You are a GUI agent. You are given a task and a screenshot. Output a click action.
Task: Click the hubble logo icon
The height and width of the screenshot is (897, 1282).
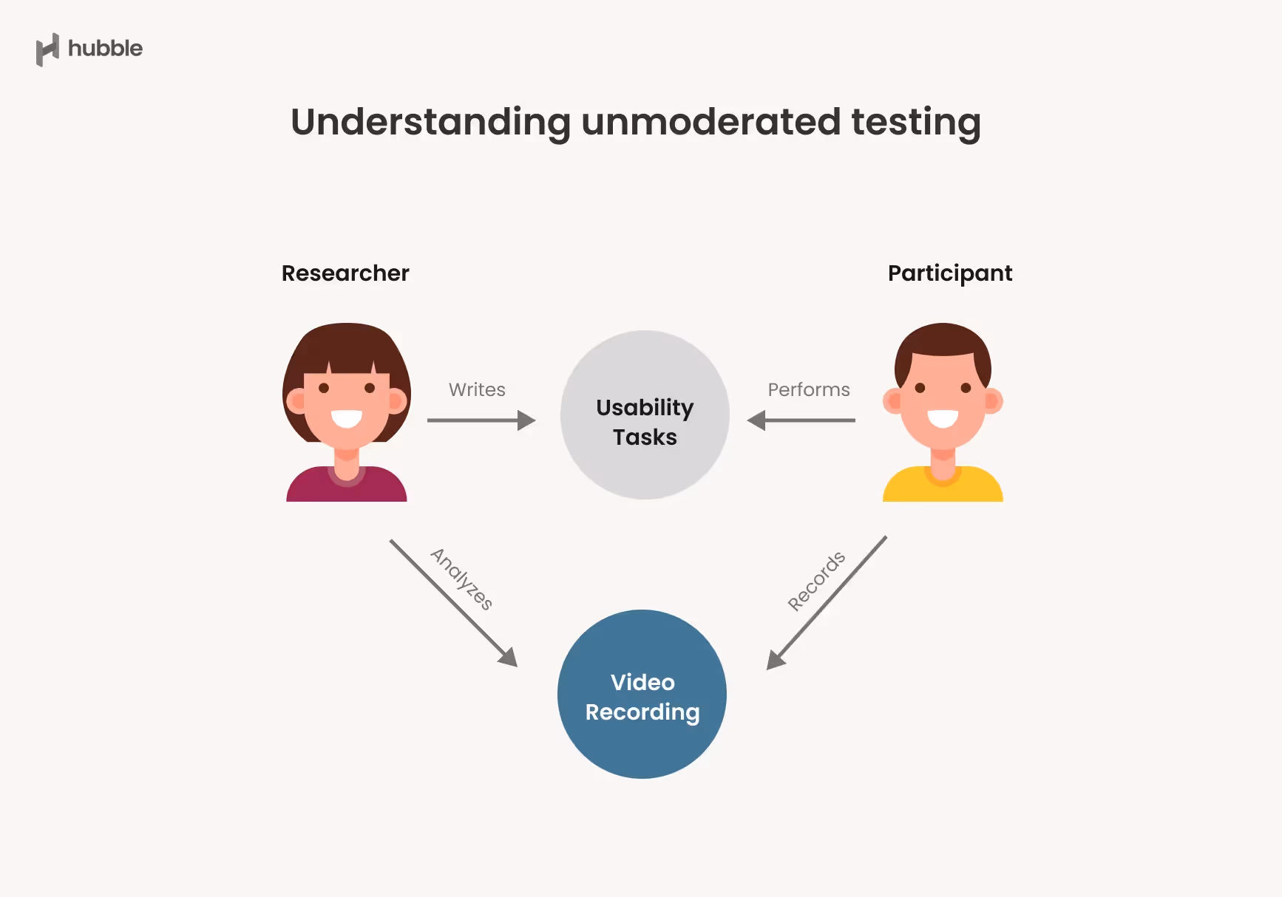pyautogui.click(x=47, y=50)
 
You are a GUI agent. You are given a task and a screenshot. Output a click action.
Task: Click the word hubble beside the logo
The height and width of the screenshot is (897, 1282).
pyautogui.click(x=105, y=49)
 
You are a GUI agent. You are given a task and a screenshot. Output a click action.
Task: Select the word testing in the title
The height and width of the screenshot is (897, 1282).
pyautogui.click(x=916, y=123)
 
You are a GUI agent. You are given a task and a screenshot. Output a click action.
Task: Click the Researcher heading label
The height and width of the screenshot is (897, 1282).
pyautogui.click(x=345, y=273)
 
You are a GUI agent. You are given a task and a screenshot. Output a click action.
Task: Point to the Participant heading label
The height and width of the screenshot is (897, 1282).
pyautogui.click(x=949, y=274)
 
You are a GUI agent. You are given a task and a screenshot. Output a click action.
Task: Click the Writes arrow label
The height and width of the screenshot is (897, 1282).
pyautogui.click(x=477, y=389)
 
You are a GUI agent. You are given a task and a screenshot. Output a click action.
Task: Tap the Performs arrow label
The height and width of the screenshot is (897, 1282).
pyautogui.click(x=809, y=389)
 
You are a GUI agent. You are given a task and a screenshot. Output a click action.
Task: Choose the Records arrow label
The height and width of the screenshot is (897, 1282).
pyautogui.click(x=816, y=581)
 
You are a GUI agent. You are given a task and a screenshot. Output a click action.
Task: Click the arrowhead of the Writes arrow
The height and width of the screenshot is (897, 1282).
pyautogui.click(x=526, y=420)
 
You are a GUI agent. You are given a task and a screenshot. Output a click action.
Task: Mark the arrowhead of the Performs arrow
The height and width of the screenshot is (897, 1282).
pyautogui.click(x=756, y=420)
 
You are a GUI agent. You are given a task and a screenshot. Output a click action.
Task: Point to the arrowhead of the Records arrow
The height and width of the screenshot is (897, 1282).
pyautogui.click(x=775, y=659)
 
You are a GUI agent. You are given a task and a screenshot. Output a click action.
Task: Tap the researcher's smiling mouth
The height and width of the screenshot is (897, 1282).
pyautogui.click(x=346, y=419)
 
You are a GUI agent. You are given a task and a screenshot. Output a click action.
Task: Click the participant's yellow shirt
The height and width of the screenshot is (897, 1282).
pyautogui.click(x=943, y=488)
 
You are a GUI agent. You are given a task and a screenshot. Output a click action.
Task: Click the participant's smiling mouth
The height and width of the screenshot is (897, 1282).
pyautogui.click(x=943, y=419)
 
